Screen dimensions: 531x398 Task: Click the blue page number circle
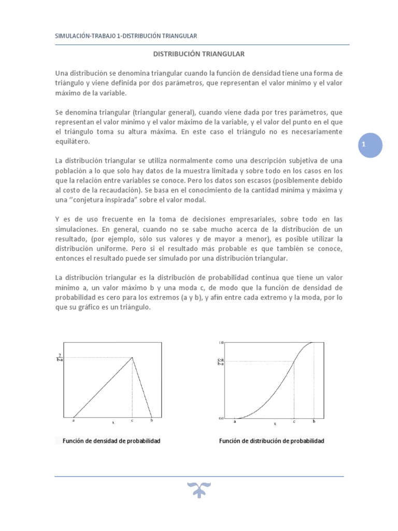(370, 146)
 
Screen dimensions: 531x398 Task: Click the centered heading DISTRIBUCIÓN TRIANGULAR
(200, 53)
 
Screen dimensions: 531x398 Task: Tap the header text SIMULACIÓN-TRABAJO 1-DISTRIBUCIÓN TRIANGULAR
(126, 35)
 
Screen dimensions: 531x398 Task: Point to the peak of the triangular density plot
(133, 357)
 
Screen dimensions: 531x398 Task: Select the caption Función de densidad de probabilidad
(111, 441)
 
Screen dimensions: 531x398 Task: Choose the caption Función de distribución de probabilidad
(272, 441)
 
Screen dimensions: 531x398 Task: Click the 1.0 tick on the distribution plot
(221, 343)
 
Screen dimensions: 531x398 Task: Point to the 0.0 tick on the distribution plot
(221, 417)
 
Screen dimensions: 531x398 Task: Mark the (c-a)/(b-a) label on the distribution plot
(221, 362)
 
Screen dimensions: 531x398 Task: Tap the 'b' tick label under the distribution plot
(314, 421)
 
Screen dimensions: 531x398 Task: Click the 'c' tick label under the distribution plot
(294, 421)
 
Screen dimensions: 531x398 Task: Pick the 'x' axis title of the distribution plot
(275, 424)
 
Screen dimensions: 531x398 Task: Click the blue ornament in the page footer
(200, 489)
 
